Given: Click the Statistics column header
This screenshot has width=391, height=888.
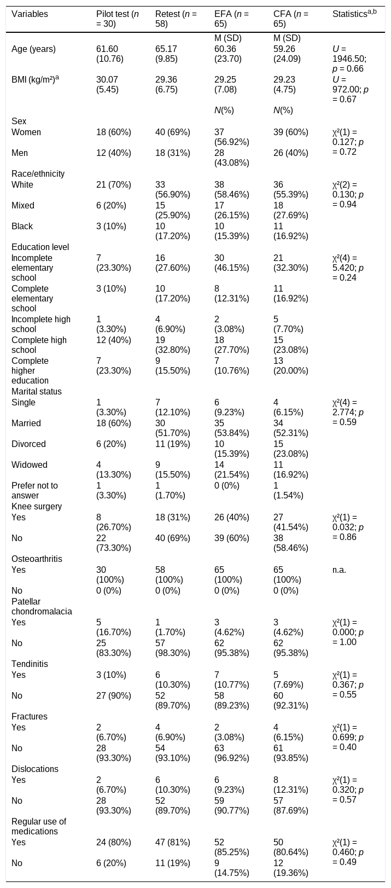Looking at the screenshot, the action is (354, 14).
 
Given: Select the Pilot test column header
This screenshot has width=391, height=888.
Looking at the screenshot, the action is (118, 19).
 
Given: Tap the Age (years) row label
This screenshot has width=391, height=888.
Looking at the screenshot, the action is (34, 49).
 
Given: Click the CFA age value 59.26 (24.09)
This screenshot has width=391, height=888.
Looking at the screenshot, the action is (287, 54).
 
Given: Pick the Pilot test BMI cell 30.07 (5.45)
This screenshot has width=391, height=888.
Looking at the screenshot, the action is (107, 84).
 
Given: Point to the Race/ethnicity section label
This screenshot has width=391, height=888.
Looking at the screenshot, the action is (38, 173).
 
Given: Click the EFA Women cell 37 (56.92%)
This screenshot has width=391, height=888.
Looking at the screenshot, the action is (232, 137).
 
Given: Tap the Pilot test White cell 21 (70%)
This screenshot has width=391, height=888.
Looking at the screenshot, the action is (114, 185).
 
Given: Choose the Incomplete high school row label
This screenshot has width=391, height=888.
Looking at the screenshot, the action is (41, 324).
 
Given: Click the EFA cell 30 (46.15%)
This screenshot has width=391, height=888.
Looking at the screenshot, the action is (232, 263).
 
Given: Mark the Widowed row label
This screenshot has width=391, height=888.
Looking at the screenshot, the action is (30, 465).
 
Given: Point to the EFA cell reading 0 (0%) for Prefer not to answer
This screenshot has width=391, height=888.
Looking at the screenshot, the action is (227, 486).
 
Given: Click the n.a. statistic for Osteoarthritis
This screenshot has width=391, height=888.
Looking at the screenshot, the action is (339, 570).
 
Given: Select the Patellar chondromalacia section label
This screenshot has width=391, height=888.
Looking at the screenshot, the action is (42, 607).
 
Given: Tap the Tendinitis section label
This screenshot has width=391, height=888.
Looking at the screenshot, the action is (30, 664).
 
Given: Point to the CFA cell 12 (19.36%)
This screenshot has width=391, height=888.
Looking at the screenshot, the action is (291, 868).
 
